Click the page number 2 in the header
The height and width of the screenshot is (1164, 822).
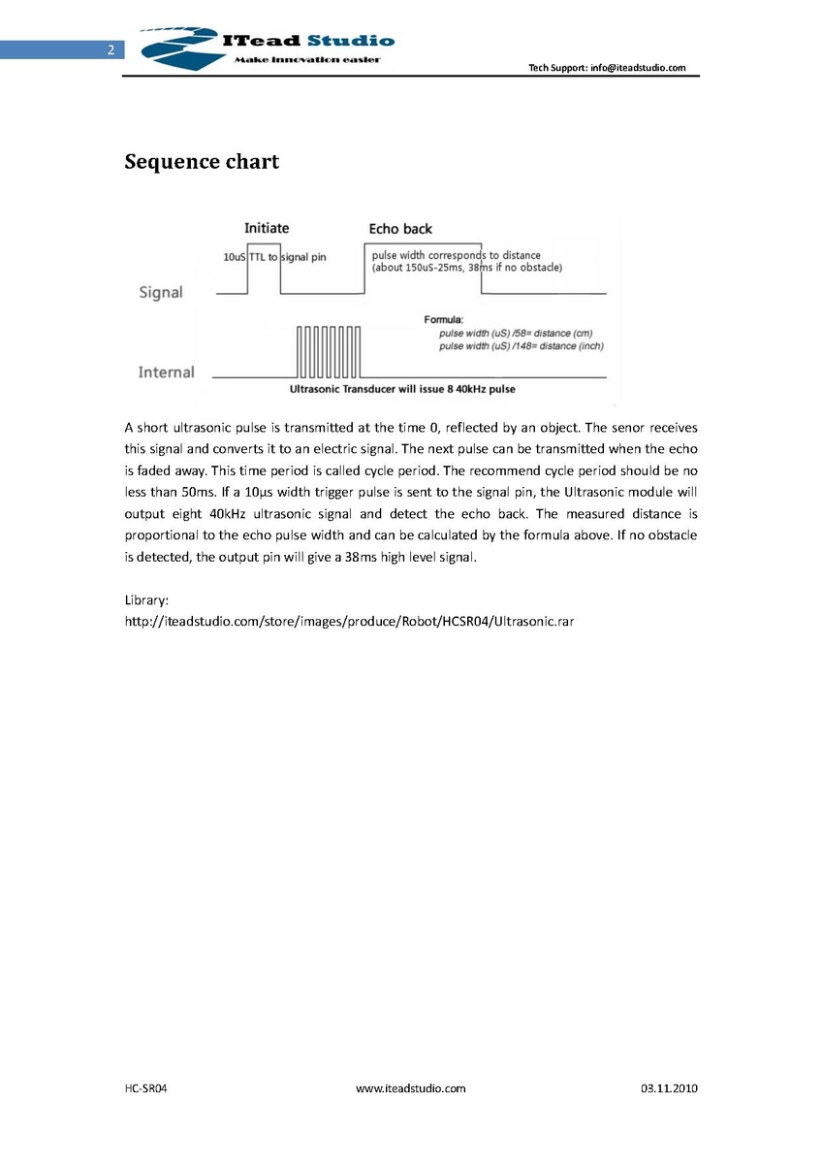click(x=111, y=50)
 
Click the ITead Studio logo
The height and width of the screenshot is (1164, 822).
click(x=268, y=46)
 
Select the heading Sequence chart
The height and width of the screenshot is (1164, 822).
click(x=202, y=162)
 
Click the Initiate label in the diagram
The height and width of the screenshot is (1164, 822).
click(x=267, y=228)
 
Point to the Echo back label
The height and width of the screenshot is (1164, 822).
click(x=400, y=229)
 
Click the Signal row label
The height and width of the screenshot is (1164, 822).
click(x=161, y=292)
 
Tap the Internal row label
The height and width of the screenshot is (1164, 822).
click(x=166, y=372)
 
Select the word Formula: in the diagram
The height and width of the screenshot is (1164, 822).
click(x=445, y=319)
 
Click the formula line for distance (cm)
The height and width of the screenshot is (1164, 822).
click(x=516, y=333)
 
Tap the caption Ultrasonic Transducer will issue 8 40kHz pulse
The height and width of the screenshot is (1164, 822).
click(x=402, y=389)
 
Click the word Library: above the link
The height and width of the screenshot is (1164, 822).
click(x=147, y=600)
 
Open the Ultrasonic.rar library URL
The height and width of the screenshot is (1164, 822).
click(x=350, y=621)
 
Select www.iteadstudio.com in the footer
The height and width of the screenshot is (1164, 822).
click(x=411, y=1088)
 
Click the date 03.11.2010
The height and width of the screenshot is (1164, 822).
click(x=669, y=1088)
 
